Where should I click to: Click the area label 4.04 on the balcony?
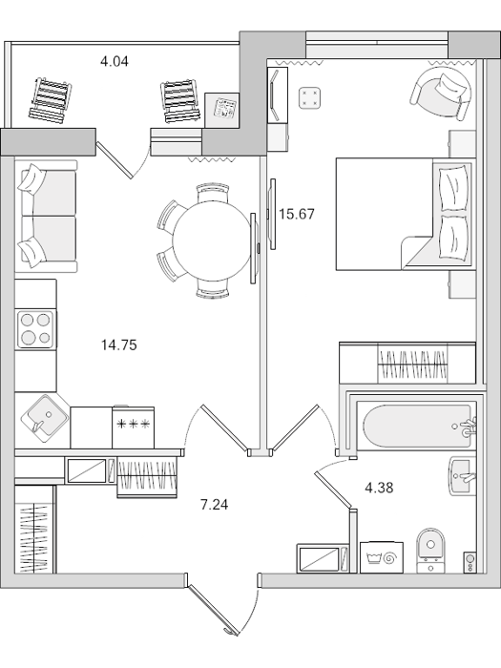click(x=115, y=62)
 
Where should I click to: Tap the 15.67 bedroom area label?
click(x=297, y=214)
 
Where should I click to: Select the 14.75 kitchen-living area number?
click(x=119, y=344)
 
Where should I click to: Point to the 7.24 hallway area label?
click(x=215, y=505)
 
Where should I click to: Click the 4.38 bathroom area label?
click(x=379, y=488)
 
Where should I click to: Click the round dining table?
click(x=212, y=240)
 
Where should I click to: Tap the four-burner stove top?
click(x=36, y=329)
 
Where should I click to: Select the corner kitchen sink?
click(x=45, y=418)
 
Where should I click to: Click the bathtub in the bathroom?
click(x=416, y=426)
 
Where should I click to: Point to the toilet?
click(x=430, y=551)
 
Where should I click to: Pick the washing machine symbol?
click(x=382, y=557)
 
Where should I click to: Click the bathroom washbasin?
click(x=463, y=476)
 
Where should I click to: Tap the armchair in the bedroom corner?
click(x=442, y=93)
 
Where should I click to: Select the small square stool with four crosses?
click(x=309, y=98)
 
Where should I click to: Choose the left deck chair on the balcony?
click(x=50, y=100)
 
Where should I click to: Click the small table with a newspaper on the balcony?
click(x=222, y=110)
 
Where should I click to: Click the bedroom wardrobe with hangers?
click(x=407, y=362)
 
